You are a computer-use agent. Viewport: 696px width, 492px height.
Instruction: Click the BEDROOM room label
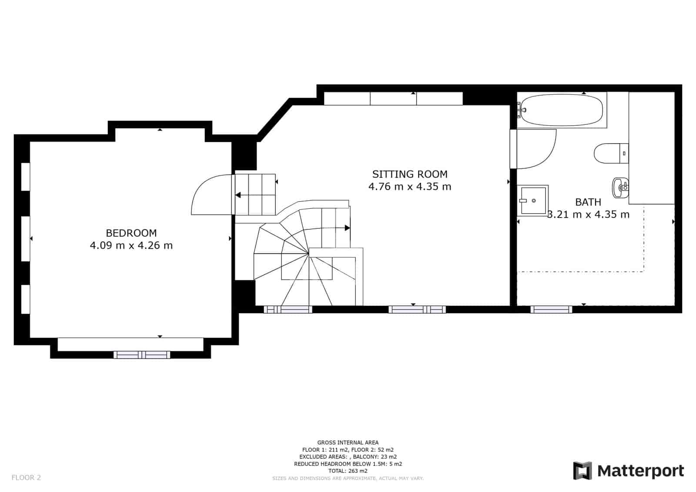[x=131, y=233]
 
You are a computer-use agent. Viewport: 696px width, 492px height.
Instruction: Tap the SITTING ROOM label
[x=409, y=174]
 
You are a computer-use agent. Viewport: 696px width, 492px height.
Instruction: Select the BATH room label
[x=588, y=202]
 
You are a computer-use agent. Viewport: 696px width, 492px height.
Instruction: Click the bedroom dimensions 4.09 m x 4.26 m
[x=131, y=245]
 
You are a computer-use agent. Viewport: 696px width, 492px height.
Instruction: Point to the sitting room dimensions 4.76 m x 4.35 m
[x=409, y=187]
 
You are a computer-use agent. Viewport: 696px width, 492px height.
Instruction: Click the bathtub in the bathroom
[x=562, y=110]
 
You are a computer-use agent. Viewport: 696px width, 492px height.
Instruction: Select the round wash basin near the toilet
[x=619, y=187]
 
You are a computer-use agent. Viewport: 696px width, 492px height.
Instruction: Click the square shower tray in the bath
[x=533, y=200]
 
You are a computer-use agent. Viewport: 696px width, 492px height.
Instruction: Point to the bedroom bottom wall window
[x=142, y=355]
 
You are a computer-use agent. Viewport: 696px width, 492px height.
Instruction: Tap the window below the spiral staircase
[x=288, y=310]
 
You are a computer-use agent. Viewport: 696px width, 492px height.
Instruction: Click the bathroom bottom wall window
[x=551, y=309]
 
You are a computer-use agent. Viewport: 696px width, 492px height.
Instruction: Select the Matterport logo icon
[x=582, y=471]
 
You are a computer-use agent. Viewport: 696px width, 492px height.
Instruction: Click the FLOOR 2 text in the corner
[x=26, y=477]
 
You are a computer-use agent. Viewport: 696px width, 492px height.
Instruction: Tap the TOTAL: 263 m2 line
[x=348, y=471]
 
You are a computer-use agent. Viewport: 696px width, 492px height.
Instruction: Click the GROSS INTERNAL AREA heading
[x=348, y=442]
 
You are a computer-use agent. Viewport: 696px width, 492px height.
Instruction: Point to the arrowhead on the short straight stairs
[x=238, y=195]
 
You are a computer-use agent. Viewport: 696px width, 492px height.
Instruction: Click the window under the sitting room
[x=417, y=310]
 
